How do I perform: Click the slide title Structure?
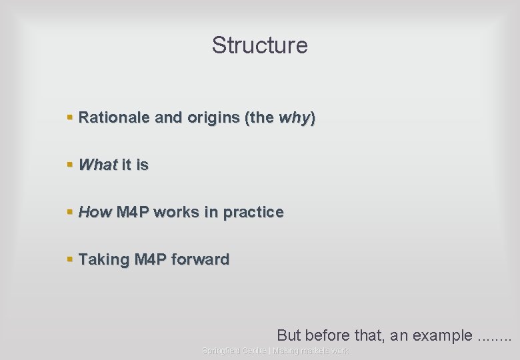259,45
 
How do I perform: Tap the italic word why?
293,118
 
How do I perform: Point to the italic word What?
97,165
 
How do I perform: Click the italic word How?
95,212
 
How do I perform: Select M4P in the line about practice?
133,212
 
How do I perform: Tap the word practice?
253,213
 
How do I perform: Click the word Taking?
104,259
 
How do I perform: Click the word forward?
200,259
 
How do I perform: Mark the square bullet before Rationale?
70,118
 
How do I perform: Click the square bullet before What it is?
70,165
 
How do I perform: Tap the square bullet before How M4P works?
70,212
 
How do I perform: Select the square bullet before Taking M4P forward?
70,259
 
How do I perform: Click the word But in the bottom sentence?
288,335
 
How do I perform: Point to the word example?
442,335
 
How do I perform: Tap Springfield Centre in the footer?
234,351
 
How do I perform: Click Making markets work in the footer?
310,351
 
